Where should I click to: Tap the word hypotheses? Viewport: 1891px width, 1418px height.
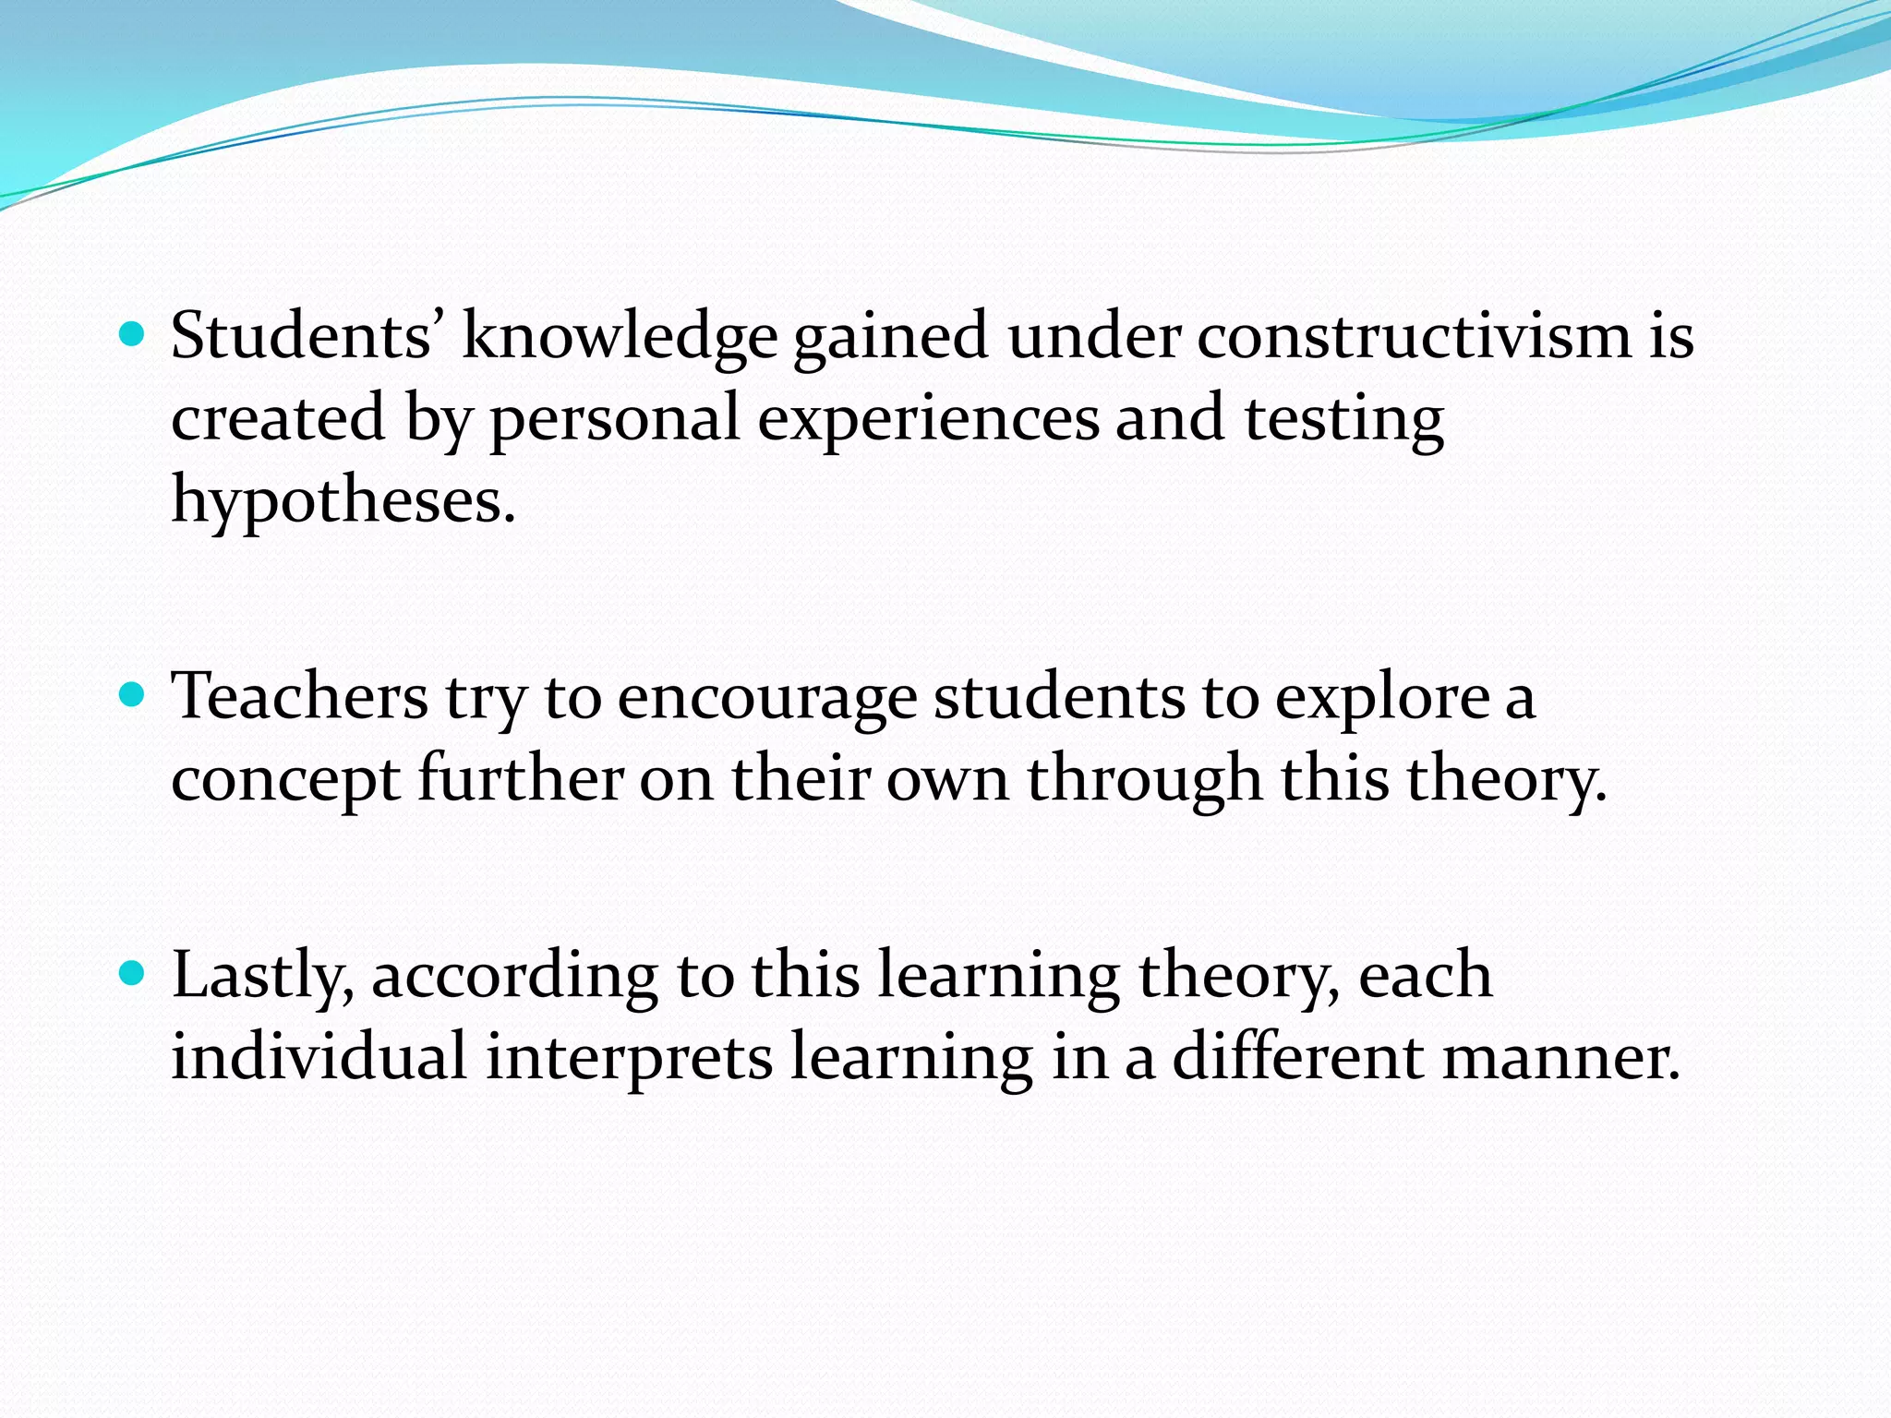343,499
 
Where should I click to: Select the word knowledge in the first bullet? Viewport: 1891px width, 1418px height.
619,336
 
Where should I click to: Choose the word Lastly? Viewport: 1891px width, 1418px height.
262,976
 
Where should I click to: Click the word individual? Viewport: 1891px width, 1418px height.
319,1056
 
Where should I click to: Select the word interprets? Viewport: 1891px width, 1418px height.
629,1058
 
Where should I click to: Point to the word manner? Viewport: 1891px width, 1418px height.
1560,1058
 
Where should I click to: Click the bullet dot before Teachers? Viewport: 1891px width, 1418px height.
133,693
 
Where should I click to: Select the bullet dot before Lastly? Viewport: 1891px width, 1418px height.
133,973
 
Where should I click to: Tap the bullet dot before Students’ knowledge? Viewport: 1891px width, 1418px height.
133,332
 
